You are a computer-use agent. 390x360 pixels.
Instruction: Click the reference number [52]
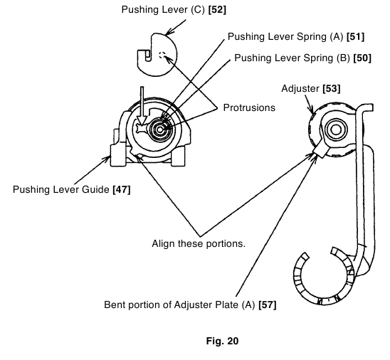[217, 10]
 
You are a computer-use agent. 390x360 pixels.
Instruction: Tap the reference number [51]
[355, 37]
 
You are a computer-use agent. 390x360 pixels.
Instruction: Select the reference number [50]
[362, 58]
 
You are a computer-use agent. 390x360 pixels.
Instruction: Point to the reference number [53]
[332, 89]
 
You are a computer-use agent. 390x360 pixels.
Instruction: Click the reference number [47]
[122, 190]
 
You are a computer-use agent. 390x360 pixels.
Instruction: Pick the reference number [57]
[268, 305]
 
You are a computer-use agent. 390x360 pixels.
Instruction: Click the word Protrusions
[249, 107]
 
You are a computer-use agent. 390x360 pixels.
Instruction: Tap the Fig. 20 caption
[222, 341]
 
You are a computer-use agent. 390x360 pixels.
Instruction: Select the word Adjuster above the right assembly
[300, 89]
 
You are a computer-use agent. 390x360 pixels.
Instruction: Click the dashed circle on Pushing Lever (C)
[162, 55]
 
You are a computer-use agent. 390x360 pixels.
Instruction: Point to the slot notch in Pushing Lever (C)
[148, 55]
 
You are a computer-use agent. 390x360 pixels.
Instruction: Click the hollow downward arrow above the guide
[142, 106]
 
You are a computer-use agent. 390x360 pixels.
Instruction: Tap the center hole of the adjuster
[335, 129]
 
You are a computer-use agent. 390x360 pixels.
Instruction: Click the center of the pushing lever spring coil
[160, 129]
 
